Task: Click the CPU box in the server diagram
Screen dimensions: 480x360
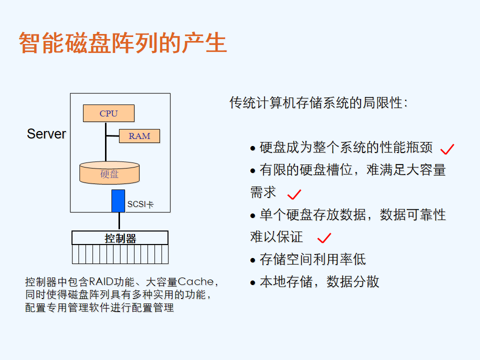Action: (x=108, y=113)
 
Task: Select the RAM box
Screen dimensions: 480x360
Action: (x=139, y=136)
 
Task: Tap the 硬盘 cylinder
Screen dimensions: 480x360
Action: (x=109, y=173)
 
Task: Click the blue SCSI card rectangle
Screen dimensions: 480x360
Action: (x=118, y=201)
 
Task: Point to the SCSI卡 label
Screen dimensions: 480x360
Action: (x=140, y=204)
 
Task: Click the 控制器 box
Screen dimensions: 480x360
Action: (x=120, y=238)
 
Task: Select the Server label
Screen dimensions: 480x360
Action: (x=46, y=134)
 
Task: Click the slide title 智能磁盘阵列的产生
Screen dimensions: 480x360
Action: (x=123, y=43)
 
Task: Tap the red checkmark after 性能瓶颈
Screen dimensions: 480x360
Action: (x=447, y=149)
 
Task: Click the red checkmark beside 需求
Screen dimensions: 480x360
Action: (x=294, y=194)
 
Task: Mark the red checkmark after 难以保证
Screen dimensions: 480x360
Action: (x=324, y=238)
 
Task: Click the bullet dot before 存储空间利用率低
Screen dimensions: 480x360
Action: (x=252, y=260)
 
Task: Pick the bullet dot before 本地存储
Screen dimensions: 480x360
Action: (x=252, y=282)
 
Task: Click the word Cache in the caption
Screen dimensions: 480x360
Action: (x=195, y=281)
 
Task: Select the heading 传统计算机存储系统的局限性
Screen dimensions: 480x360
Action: (x=318, y=102)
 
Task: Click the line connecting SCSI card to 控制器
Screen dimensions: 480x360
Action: (x=119, y=221)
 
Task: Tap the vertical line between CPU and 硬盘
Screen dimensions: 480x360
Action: (x=105, y=141)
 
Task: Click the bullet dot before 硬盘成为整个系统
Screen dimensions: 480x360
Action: (x=252, y=148)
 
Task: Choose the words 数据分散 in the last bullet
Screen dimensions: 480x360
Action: (x=352, y=281)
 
